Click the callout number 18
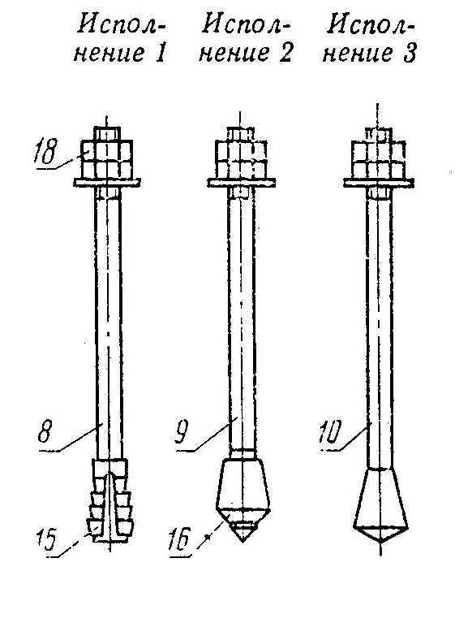click(45, 152)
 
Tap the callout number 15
click(45, 540)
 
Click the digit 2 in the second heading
click(285, 53)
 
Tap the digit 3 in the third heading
click(410, 53)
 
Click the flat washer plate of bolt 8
click(107, 183)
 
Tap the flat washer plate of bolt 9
click(242, 183)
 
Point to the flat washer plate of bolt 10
click(379, 183)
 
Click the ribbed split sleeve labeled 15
click(109, 500)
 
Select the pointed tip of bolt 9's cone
click(242, 542)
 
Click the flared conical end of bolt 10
click(380, 506)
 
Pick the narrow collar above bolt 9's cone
click(242, 453)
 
